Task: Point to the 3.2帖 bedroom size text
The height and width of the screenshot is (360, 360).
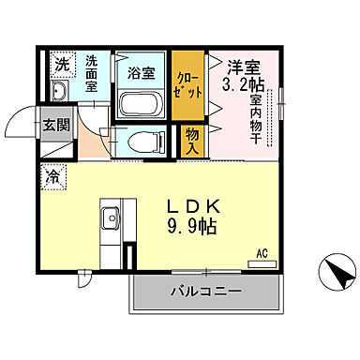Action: pyautogui.click(x=242, y=82)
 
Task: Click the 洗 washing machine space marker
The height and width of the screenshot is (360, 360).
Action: pyautogui.click(x=61, y=65)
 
